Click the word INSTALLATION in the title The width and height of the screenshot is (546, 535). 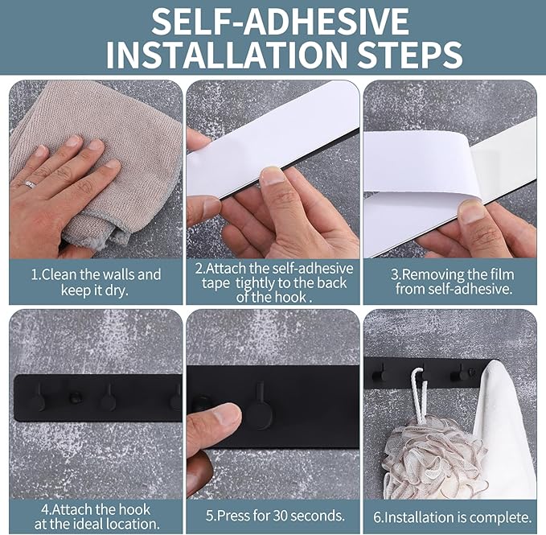pos(226,54)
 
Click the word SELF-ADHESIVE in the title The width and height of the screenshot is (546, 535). pos(281,21)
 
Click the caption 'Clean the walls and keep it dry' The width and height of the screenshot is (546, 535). pos(96,282)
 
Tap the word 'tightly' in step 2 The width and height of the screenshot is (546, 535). pos(256,283)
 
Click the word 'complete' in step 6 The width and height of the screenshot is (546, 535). pos(500,517)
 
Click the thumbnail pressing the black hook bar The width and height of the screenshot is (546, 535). pos(227,414)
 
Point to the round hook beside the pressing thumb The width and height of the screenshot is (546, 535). pos(259,411)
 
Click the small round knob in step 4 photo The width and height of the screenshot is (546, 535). pos(74,397)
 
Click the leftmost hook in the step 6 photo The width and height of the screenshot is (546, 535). pos(378,374)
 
